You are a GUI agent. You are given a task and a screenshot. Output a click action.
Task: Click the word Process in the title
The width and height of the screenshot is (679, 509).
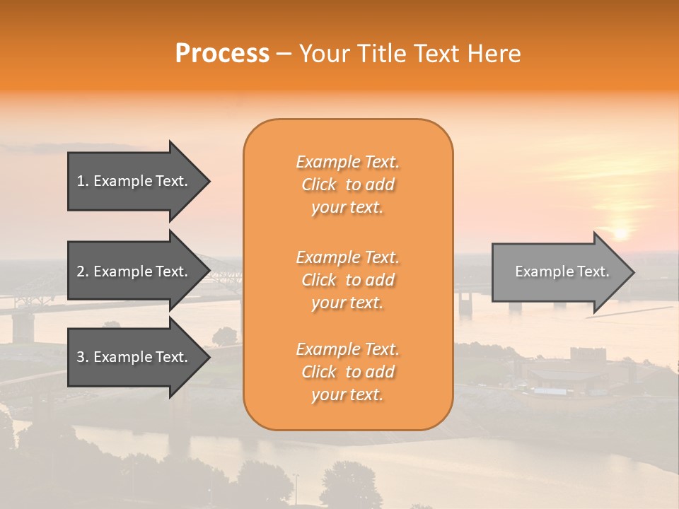pos(222,54)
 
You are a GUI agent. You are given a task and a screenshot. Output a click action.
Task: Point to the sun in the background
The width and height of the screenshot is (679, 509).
pos(620,232)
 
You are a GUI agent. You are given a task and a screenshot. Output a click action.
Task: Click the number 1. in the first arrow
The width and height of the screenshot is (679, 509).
pos(83,182)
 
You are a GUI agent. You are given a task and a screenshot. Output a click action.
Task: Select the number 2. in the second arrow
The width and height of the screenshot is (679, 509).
pos(83,271)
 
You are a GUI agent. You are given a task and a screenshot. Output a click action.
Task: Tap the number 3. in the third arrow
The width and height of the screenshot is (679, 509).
pos(83,357)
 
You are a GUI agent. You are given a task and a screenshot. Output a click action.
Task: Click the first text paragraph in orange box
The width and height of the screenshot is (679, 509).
pos(348,185)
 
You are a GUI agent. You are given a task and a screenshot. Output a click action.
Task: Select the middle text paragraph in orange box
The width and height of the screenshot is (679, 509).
pos(348,280)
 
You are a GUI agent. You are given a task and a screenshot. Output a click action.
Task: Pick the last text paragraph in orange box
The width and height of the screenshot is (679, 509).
pos(348,372)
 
